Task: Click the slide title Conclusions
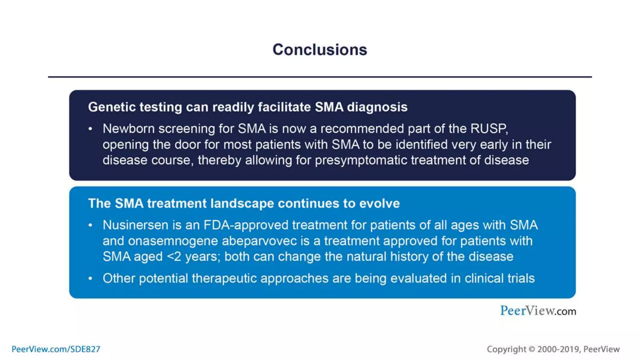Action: [x=320, y=50]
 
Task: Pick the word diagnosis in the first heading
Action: [x=377, y=107]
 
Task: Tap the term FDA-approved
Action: [x=246, y=225]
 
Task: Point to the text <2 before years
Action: [x=174, y=257]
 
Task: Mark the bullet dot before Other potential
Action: [x=90, y=278]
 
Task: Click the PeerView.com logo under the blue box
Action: [x=538, y=311]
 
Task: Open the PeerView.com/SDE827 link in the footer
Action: [x=56, y=349]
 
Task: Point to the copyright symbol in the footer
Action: [x=532, y=349]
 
